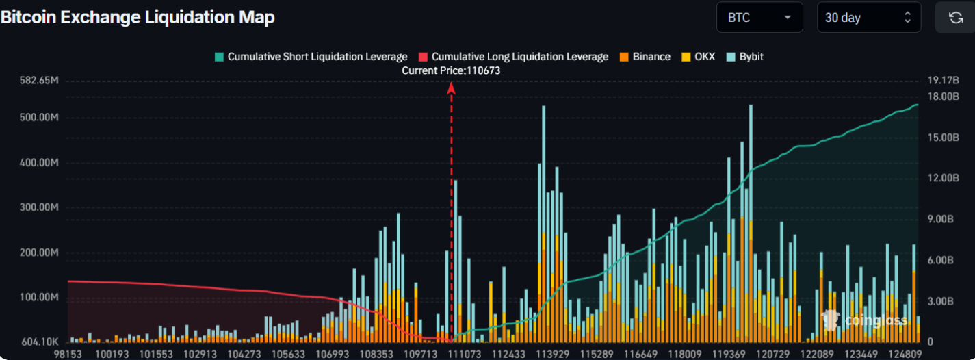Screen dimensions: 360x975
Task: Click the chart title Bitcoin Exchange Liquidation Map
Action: (138, 18)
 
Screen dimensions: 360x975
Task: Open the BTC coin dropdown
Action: (759, 18)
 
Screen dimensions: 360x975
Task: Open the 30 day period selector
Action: (868, 18)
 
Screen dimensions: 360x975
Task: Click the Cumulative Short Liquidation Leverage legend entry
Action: (311, 57)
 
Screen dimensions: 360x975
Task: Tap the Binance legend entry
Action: (645, 57)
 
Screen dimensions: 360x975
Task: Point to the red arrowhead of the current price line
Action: (452, 87)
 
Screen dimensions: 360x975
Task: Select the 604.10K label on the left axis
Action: (40, 342)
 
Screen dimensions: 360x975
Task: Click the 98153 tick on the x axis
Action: (68, 353)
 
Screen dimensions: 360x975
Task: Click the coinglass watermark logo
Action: (865, 320)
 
